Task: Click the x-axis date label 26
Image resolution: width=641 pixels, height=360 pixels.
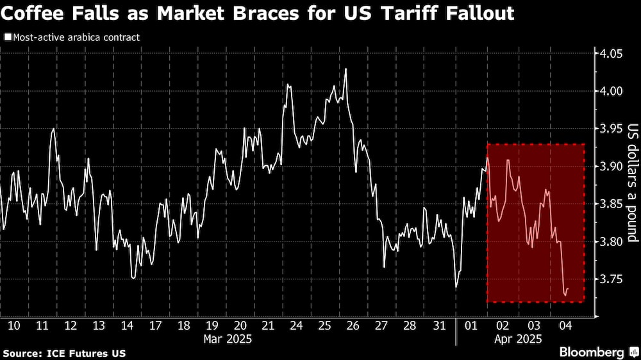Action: (352, 325)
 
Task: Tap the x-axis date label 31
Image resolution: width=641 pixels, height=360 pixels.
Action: (439, 325)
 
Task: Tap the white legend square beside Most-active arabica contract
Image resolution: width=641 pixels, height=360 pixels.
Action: (7, 37)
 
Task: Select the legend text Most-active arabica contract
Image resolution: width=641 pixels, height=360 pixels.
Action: (76, 37)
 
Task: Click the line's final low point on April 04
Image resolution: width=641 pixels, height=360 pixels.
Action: (565, 295)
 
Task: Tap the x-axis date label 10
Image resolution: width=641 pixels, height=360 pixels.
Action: (13, 325)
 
